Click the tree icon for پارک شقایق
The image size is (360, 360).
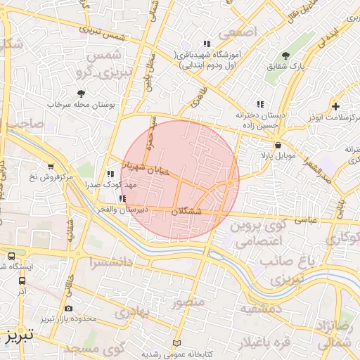[285, 56]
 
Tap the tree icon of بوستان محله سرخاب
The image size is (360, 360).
[82, 93]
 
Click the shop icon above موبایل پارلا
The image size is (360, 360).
[279, 145]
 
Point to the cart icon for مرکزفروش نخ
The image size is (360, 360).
[51, 167]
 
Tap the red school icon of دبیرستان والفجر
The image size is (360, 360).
[123, 199]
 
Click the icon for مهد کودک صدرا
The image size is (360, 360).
[110, 173]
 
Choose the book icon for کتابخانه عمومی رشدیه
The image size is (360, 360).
[176, 342]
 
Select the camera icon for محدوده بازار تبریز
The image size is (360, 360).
[67, 308]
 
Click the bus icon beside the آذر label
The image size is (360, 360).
[22, 280]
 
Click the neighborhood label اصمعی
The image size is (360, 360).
[238, 32]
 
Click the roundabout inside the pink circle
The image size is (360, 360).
[230, 184]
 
